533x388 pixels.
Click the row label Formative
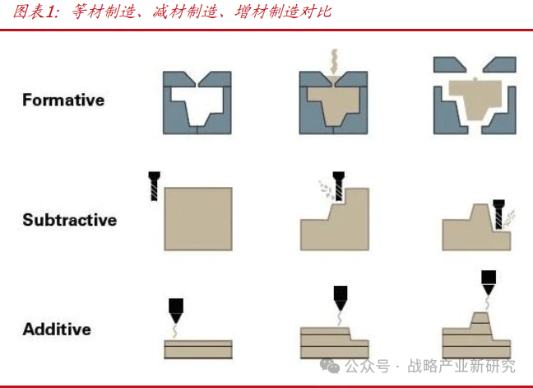click(63, 100)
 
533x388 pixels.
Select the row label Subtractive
click(70, 220)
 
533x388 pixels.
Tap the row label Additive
click(57, 330)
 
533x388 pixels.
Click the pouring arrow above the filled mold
click(334, 62)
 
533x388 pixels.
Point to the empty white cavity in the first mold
click(197, 102)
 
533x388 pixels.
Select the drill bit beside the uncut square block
click(155, 186)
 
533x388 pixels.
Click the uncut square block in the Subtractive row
click(198, 219)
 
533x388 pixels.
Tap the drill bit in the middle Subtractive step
click(339, 186)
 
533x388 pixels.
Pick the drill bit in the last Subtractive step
click(498, 214)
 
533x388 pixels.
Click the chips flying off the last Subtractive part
click(510, 217)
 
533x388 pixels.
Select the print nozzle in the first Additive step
click(176, 311)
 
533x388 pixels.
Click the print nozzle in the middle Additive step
click(341, 298)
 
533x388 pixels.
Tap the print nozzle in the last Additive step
click(489, 283)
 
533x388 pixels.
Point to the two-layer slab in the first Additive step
click(198, 349)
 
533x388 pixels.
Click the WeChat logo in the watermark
click(330, 367)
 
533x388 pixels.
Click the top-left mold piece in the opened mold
click(449, 64)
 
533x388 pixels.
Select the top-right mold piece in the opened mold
click(500, 64)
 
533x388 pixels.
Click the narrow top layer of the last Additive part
click(480, 317)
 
